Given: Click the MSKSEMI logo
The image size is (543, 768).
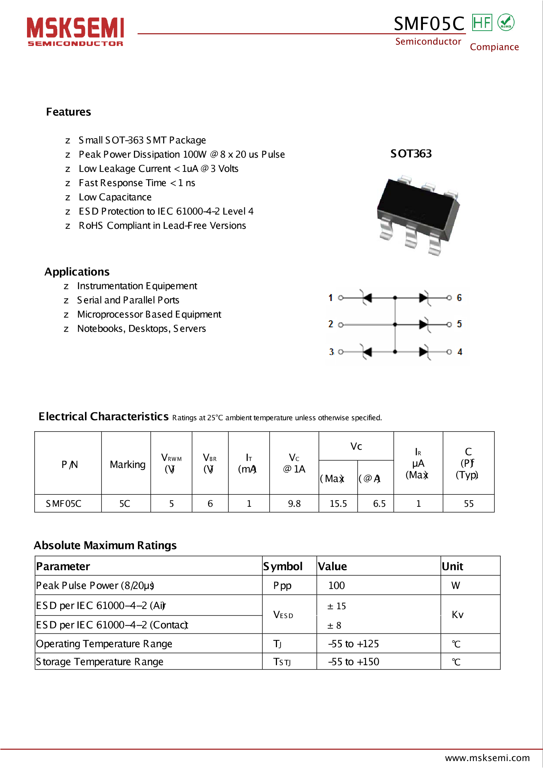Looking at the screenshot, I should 75,31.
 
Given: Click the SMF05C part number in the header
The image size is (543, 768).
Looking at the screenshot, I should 429,24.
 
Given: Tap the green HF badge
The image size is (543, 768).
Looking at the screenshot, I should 482,23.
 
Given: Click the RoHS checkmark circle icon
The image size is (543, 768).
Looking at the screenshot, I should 506,23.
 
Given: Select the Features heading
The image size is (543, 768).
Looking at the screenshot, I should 68,112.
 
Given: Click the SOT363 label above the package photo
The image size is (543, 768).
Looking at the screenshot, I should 411,154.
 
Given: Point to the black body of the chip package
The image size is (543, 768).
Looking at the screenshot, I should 416,204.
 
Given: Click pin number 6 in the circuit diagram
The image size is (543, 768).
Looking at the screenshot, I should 459,298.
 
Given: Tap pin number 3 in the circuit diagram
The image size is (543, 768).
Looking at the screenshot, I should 331,352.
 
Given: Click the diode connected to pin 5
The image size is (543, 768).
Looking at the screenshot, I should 423,324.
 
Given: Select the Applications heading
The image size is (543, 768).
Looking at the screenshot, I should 77,272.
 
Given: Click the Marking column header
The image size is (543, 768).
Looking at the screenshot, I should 127,464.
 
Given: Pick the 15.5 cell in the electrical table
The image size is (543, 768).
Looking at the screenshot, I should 338,504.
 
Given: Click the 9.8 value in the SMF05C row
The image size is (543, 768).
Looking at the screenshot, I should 294,504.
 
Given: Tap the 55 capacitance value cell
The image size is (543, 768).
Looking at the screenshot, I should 469,504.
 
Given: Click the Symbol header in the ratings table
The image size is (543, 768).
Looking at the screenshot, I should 283,566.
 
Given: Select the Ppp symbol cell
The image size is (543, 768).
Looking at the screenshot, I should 282,586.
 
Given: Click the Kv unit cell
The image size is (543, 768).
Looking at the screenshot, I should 457,615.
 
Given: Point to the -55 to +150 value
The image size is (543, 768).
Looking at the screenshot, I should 353,662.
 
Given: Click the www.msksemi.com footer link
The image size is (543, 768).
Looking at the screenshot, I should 487,758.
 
